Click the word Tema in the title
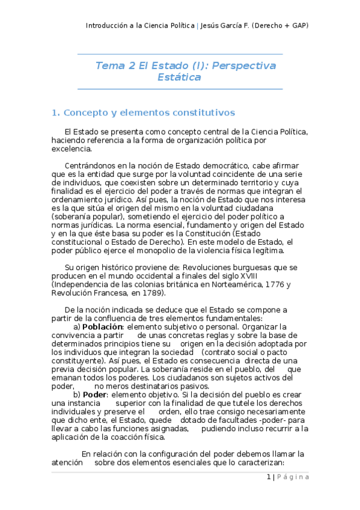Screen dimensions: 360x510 pos(109,66)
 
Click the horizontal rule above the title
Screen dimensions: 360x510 pos(180,55)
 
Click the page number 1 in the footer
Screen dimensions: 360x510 pos(268,477)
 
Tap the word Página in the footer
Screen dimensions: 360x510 pos(293,477)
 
